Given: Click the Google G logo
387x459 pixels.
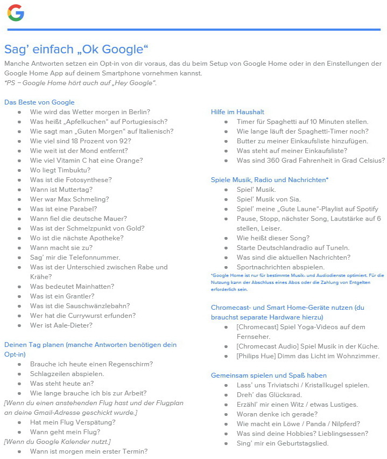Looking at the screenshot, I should (16, 12).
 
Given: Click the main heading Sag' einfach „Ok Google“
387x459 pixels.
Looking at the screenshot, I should (76, 50).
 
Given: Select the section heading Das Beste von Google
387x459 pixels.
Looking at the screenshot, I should (39, 102).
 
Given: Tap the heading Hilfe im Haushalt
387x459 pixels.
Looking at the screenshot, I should (237, 112).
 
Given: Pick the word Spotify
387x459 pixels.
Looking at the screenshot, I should (366, 209).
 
